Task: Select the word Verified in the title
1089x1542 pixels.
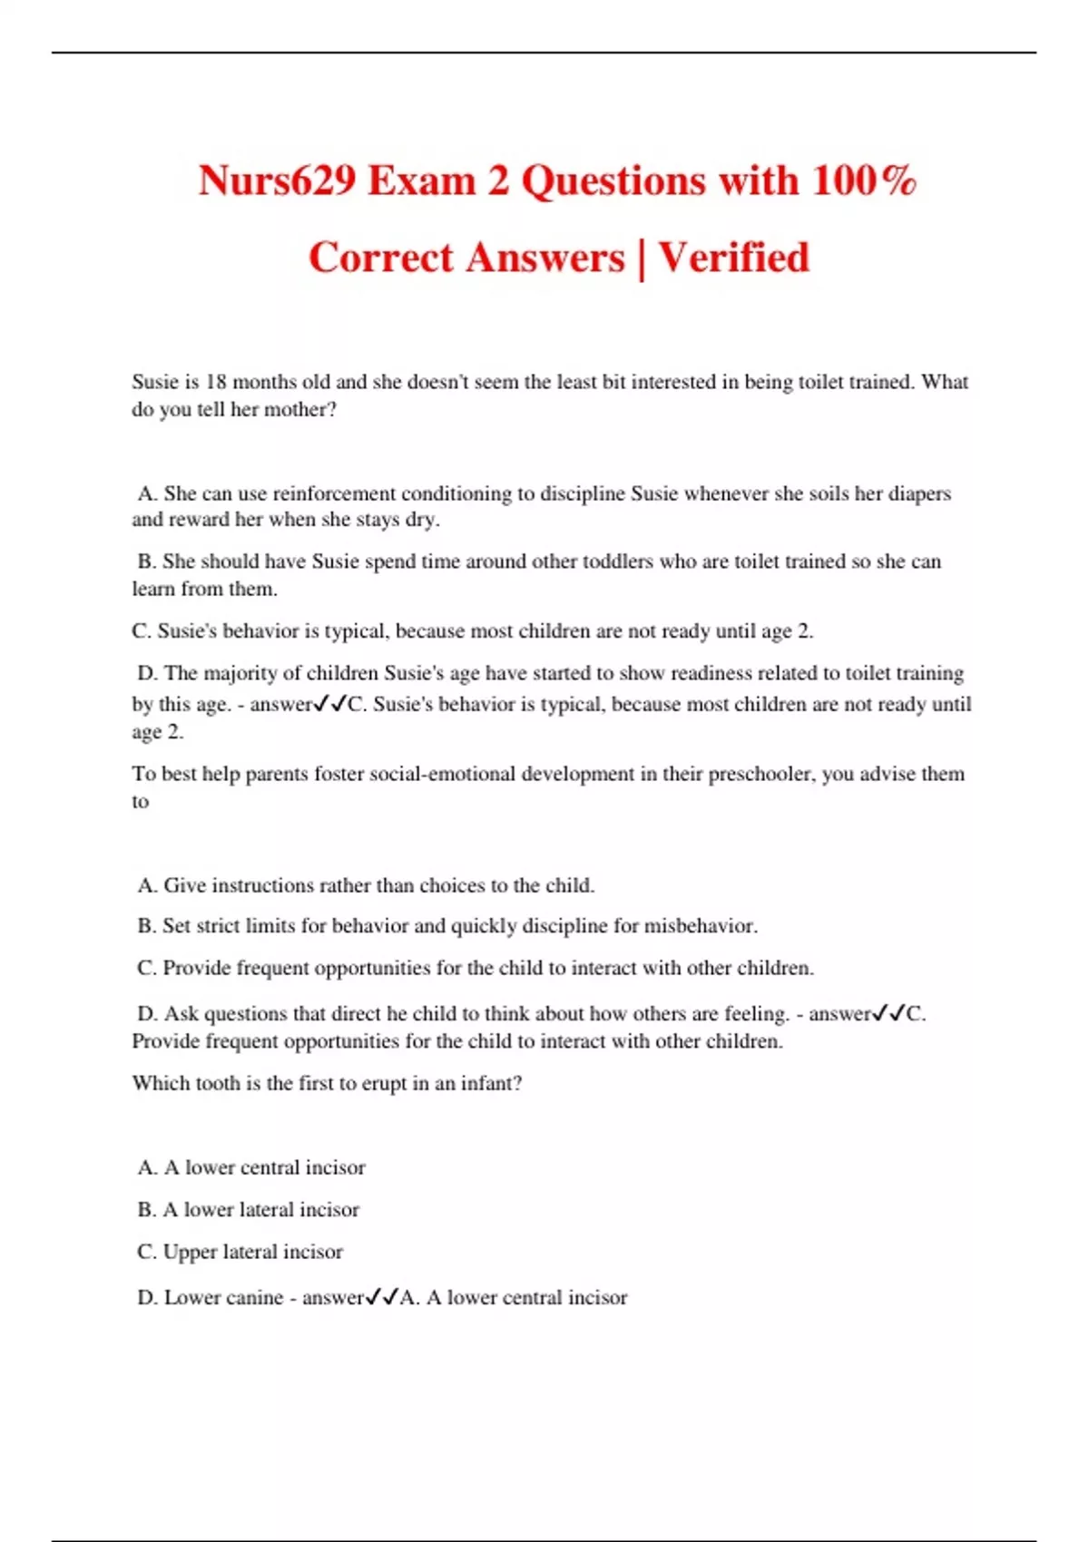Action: pos(733,258)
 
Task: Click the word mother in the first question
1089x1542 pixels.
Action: pos(294,409)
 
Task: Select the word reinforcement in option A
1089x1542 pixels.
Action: pos(334,493)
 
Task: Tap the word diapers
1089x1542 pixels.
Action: pos(917,493)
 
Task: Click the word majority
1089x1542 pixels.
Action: pos(240,673)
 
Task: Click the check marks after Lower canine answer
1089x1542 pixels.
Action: pos(382,1298)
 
